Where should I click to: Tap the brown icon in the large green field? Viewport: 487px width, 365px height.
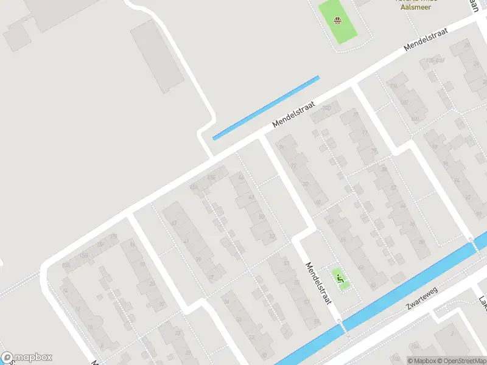tap(338, 22)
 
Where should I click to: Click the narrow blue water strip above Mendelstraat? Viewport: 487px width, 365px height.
tap(266, 108)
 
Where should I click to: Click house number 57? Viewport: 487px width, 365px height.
tap(306, 301)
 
